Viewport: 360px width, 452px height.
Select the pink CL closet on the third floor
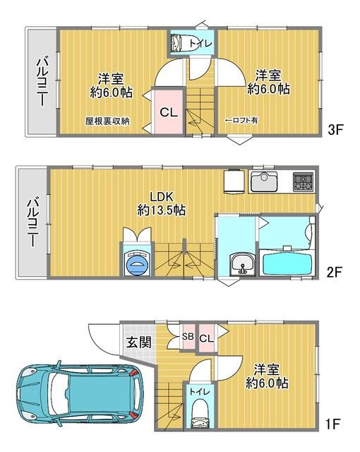(168, 112)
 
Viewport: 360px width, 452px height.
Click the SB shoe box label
(188, 337)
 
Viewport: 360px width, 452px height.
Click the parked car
(78, 398)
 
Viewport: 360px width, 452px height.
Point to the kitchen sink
(265, 181)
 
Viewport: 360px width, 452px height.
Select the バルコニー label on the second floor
(32, 221)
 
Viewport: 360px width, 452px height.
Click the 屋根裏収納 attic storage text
(107, 121)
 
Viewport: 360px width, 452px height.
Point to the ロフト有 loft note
(241, 121)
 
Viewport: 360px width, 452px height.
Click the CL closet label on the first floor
(206, 340)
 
